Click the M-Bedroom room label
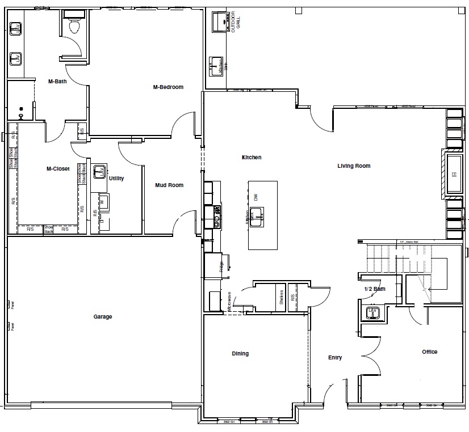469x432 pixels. [x=168, y=87]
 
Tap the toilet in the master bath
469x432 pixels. [x=73, y=26]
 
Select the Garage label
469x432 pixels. [x=103, y=317]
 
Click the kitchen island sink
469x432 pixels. [x=257, y=214]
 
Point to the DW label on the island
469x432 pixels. [x=256, y=197]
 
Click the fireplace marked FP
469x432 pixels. [x=454, y=174]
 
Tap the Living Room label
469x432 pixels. [x=354, y=166]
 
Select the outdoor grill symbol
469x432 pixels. [x=219, y=22]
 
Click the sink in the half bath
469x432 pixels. [x=372, y=312]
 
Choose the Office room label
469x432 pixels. [x=429, y=352]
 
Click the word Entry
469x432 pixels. [x=335, y=358]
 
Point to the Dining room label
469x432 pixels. [x=240, y=354]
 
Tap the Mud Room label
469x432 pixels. [x=169, y=185]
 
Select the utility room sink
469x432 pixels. [x=99, y=171]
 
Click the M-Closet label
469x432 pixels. [x=58, y=168]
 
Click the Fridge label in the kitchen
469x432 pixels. [x=221, y=266]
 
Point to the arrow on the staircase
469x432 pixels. [x=430, y=289]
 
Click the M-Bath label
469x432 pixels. [x=58, y=82]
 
